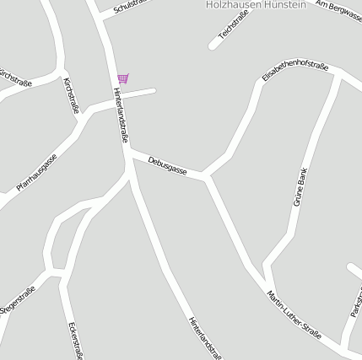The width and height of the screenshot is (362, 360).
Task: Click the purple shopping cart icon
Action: pos(123,78)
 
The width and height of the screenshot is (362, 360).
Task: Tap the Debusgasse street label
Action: pos(167,165)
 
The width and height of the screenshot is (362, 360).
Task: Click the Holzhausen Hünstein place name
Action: pos(256,5)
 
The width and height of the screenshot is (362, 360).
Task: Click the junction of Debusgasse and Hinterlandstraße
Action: pos(128,152)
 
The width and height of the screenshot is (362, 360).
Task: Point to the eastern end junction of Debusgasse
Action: pos(205,177)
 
